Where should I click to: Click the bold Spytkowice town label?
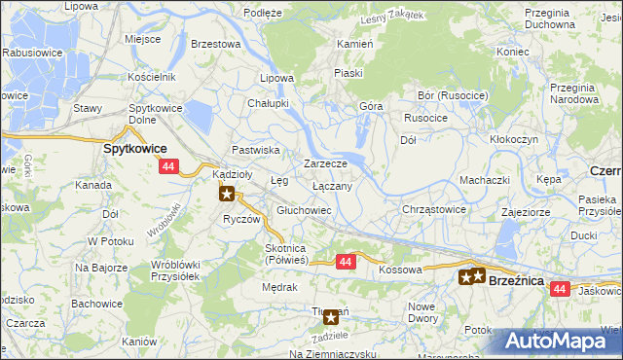pos(135,149)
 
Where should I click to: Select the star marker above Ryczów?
pos(228,193)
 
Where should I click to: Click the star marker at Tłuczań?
pos(331,315)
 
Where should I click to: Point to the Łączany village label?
pos(339,184)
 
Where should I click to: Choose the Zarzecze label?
pos(325,163)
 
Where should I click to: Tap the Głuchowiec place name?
pos(305,210)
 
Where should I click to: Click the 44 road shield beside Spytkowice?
pos(168,167)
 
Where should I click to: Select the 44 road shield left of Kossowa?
pos(346,262)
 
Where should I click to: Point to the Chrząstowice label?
pos(434,209)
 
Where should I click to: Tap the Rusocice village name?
pos(424,119)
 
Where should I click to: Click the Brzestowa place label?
pos(216,44)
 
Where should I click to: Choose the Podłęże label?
pos(263,13)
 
